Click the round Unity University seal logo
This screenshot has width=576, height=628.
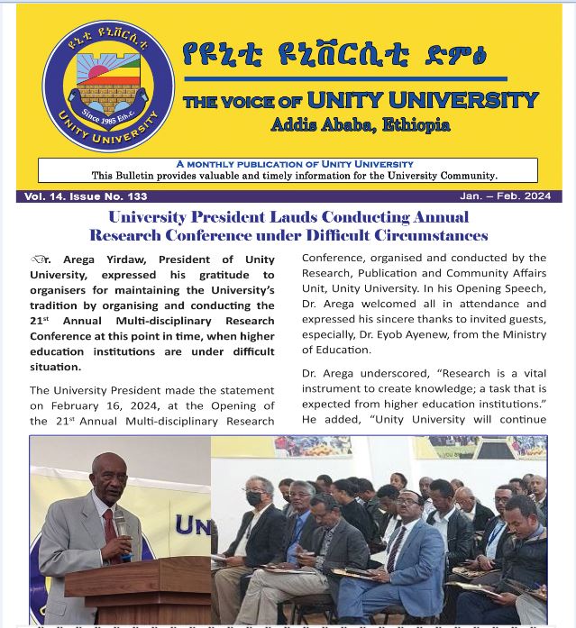coord(109,86)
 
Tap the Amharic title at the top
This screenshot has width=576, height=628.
coord(334,56)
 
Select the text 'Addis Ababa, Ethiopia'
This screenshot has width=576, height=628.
coord(360,125)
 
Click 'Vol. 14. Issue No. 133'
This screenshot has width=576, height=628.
coord(86,196)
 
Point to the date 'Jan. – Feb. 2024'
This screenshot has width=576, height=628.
coord(505,196)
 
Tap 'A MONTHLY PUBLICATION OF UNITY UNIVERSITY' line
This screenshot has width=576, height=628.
coord(295,164)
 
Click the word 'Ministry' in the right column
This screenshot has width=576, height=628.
coord(524,334)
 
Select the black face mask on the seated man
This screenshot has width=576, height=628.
coord(255,497)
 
